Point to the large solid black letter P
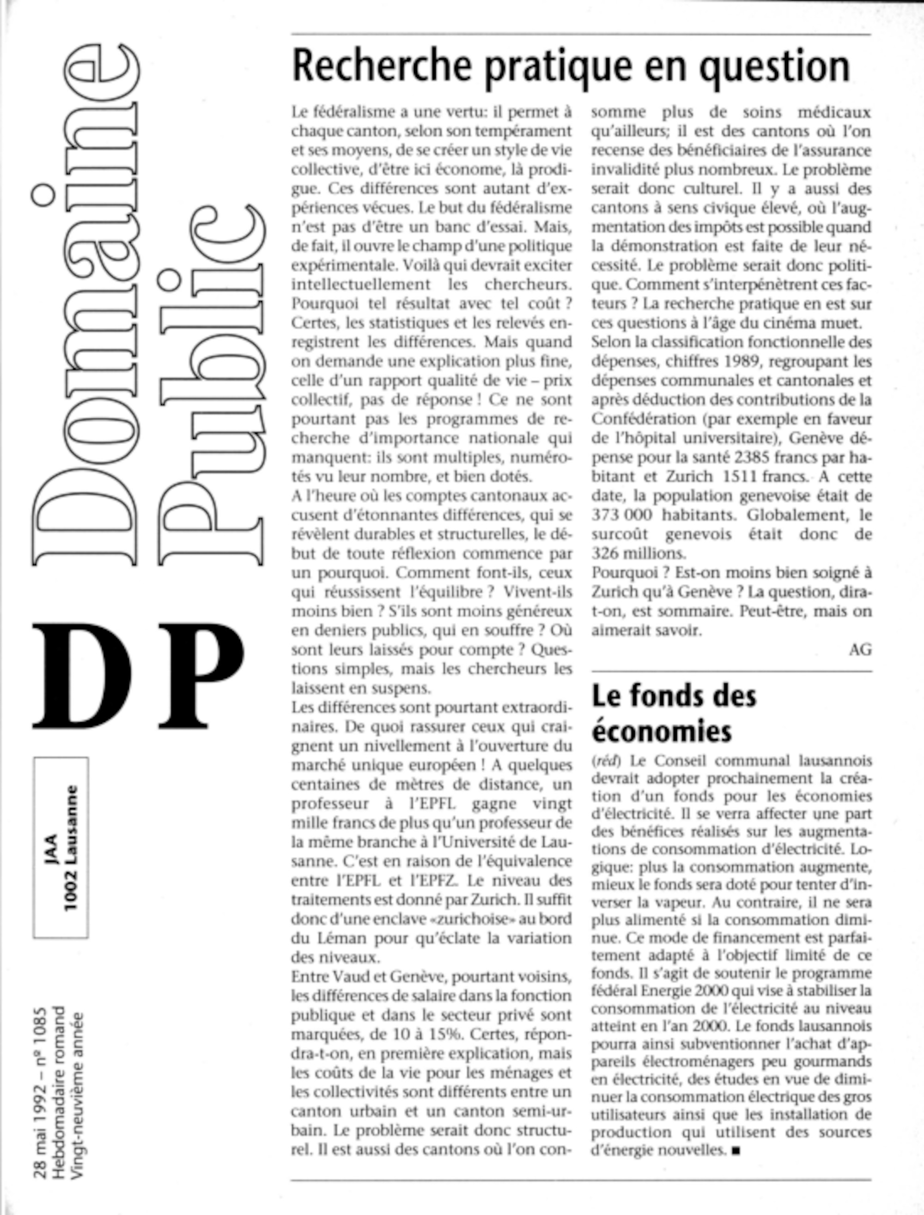[x=201, y=676]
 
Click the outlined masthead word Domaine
[x=85, y=305]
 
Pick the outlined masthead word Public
[x=212, y=385]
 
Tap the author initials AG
[x=860, y=650]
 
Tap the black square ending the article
[x=736, y=1150]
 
